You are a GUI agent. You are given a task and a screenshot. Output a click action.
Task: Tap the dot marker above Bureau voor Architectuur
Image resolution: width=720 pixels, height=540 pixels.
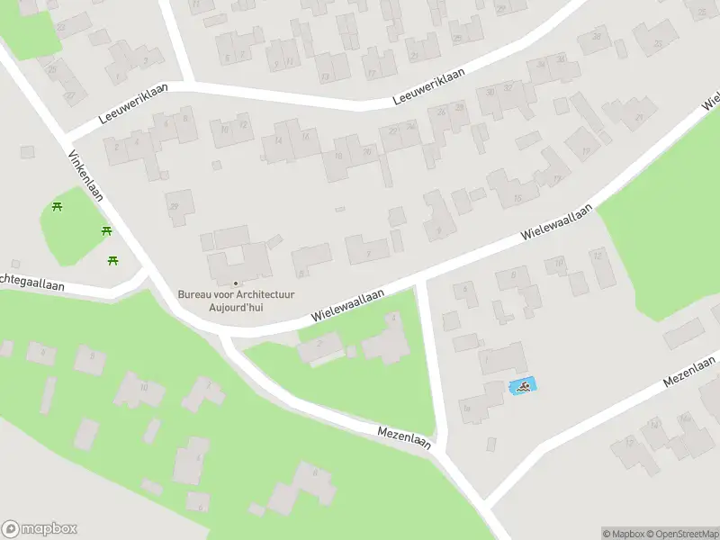pyautogui.click(x=237, y=283)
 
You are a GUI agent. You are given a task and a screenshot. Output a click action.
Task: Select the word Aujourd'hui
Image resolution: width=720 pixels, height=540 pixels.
pyautogui.click(x=237, y=307)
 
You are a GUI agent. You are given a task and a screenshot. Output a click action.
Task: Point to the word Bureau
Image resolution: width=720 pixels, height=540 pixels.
pyautogui.click(x=195, y=294)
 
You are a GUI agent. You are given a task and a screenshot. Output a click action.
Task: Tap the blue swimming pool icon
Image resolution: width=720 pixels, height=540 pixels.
pyautogui.click(x=521, y=387)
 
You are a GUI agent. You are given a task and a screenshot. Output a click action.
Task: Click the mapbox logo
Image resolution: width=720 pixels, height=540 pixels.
pyautogui.click(x=40, y=529)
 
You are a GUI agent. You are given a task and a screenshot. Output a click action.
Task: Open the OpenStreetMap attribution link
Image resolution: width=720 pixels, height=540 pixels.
pyautogui.click(x=682, y=534)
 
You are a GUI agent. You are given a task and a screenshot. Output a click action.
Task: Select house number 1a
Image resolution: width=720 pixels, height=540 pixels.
pyautogui.click(x=467, y=408)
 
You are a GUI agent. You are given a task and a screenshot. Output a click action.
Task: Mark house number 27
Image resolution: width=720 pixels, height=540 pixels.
pyautogui.click(x=69, y=95)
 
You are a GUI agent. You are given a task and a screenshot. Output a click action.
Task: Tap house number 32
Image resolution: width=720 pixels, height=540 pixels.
pyautogui.click(x=508, y=87)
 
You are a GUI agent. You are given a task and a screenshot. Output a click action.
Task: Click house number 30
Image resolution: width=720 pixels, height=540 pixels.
pyautogui.click(x=490, y=92)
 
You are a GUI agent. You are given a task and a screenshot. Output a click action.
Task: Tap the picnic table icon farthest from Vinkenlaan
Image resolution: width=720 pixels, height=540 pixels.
pyautogui.click(x=58, y=208)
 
